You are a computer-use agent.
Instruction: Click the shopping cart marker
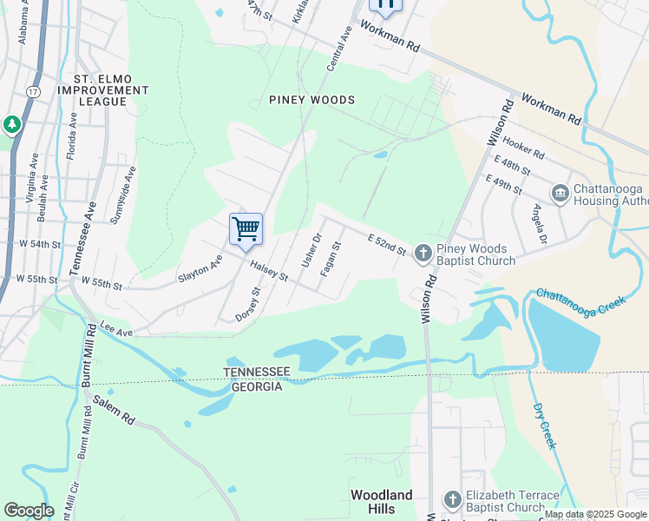246,229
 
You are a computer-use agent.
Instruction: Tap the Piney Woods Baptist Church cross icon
423,253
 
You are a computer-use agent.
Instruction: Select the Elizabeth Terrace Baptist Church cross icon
452,499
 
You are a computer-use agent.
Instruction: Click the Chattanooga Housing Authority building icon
560,193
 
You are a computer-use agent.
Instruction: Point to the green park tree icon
12,125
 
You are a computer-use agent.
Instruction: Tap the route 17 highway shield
33,90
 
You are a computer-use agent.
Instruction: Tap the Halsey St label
270,271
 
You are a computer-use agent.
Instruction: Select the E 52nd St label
387,244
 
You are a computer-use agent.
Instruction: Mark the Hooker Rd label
523,148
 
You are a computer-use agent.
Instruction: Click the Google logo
29,511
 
